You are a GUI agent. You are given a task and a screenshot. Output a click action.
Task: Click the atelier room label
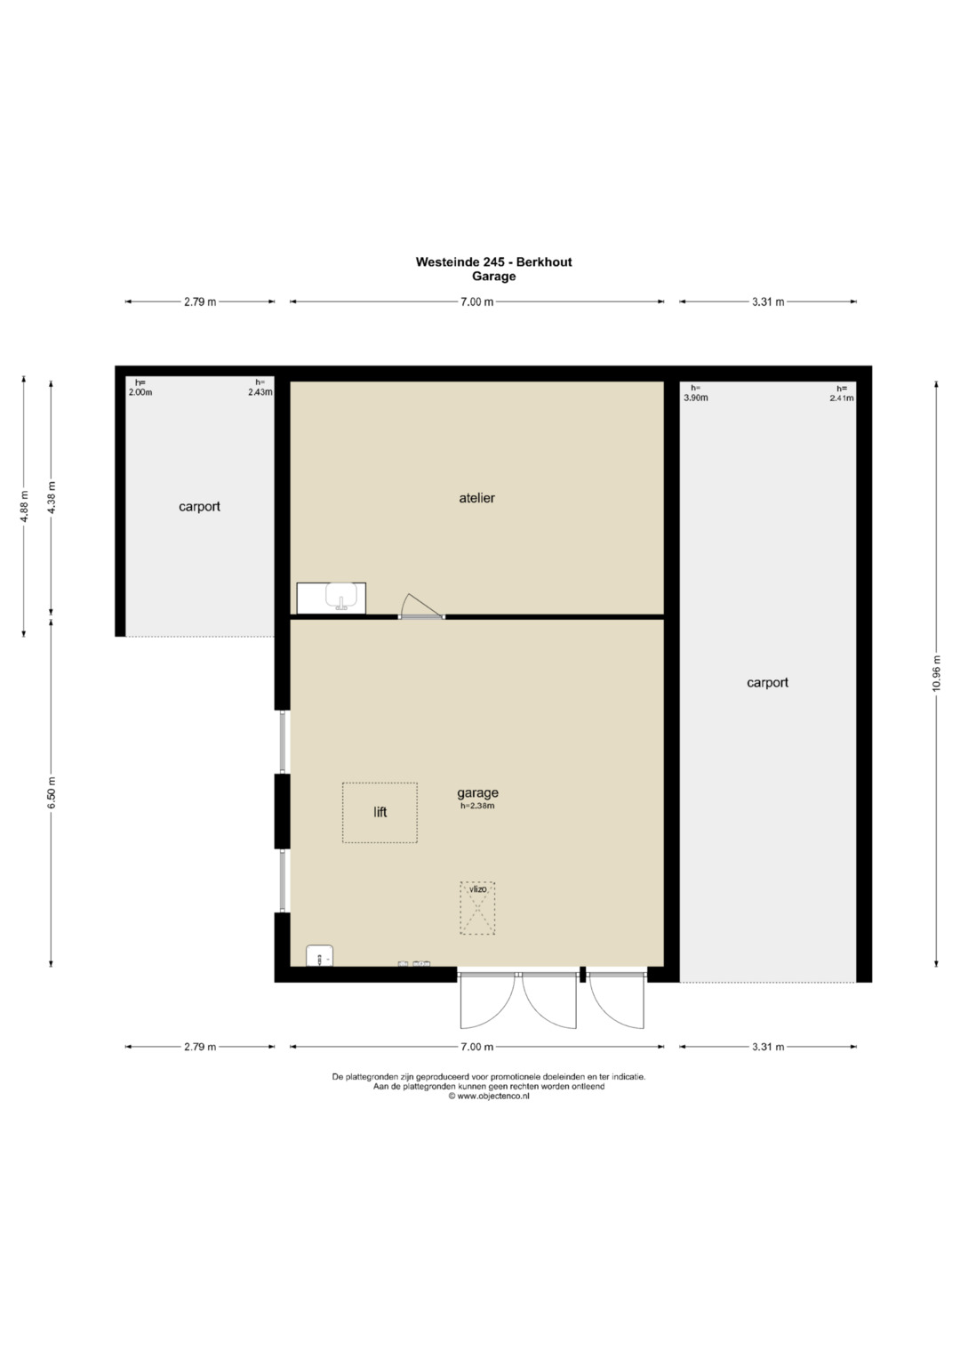[476, 498]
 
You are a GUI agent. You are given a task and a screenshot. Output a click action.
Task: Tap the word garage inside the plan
[477, 793]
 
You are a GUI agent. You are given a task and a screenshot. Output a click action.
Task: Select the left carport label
[199, 507]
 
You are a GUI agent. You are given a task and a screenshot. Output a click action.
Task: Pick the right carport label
[767, 683]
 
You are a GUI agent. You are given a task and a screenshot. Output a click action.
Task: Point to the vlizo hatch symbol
[477, 907]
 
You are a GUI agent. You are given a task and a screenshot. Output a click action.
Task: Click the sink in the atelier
[331, 599]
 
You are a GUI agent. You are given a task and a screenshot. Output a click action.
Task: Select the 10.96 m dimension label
[936, 672]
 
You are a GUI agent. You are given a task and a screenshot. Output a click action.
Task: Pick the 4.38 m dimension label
[52, 498]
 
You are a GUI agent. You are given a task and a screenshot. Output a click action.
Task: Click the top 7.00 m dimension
[477, 301]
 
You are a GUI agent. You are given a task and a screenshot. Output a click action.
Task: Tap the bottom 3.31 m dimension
[768, 1047]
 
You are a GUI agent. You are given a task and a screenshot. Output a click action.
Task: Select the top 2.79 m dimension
[200, 301]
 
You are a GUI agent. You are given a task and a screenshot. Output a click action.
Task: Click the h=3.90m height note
[695, 393]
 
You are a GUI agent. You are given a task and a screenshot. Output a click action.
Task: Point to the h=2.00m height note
[140, 388]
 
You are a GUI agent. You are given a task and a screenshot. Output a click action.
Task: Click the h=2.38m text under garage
[477, 806]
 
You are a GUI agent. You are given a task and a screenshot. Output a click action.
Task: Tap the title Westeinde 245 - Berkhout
[493, 261]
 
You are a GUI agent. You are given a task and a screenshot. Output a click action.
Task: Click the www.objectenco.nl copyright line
[489, 1097]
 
